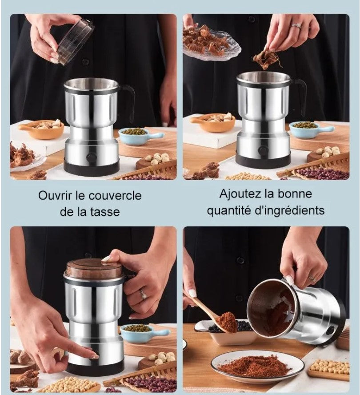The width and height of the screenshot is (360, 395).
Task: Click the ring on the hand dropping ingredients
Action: point(296,26)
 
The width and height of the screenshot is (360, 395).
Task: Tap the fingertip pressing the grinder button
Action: point(95,356)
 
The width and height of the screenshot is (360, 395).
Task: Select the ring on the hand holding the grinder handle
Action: point(144,294)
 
